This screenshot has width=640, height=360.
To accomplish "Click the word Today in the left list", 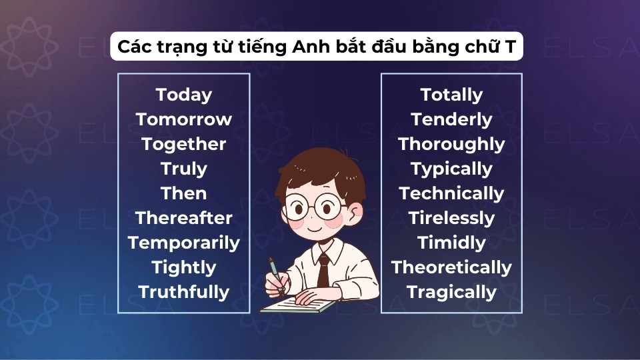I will pos(183,95).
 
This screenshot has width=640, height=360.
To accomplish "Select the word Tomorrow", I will pos(183,119).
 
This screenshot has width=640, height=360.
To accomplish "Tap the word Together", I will pos(183,144).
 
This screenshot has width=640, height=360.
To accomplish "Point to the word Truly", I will pos(183,169).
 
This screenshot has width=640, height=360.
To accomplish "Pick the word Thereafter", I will pos(183,218).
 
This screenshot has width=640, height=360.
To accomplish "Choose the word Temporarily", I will pos(183,243).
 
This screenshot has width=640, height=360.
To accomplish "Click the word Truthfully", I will pos(183,292).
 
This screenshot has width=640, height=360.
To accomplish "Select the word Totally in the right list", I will pos(451,95).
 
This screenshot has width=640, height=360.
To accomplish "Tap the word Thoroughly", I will pos(451,144).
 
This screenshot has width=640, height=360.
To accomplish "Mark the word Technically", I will pos(451,193).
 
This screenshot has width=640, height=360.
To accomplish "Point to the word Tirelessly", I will pos(451,218).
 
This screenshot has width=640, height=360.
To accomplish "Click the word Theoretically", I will pos(451,267).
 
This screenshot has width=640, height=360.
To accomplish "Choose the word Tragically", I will pos(451,292).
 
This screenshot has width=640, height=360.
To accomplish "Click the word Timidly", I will pos(451,243).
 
